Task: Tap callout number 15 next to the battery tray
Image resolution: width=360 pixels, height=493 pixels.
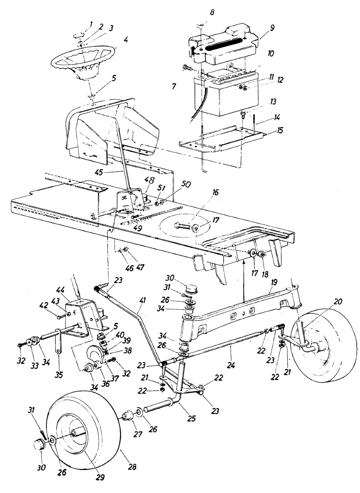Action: [x=280, y=131]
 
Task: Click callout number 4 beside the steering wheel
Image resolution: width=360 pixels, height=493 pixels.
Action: [x=126, y=41]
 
